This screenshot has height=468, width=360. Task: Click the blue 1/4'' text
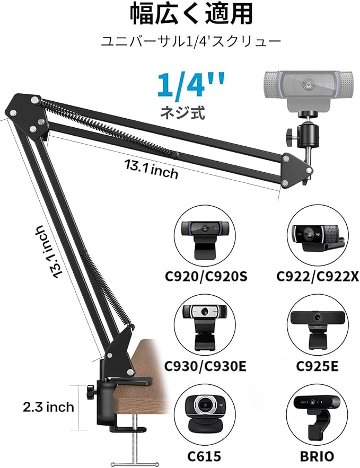[191, 85]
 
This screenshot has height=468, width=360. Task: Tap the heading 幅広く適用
[191, 14]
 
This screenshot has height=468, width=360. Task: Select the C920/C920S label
[206, 276]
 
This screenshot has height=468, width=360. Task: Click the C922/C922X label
[317, 276]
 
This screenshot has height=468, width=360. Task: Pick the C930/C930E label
[205, 366]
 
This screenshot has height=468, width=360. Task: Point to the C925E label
[317, 366]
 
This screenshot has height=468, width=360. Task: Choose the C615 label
[205, 456]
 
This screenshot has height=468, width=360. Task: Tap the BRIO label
[317, 456]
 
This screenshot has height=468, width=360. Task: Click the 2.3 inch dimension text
[48, 407]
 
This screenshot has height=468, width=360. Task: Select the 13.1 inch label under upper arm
[151, 169]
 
